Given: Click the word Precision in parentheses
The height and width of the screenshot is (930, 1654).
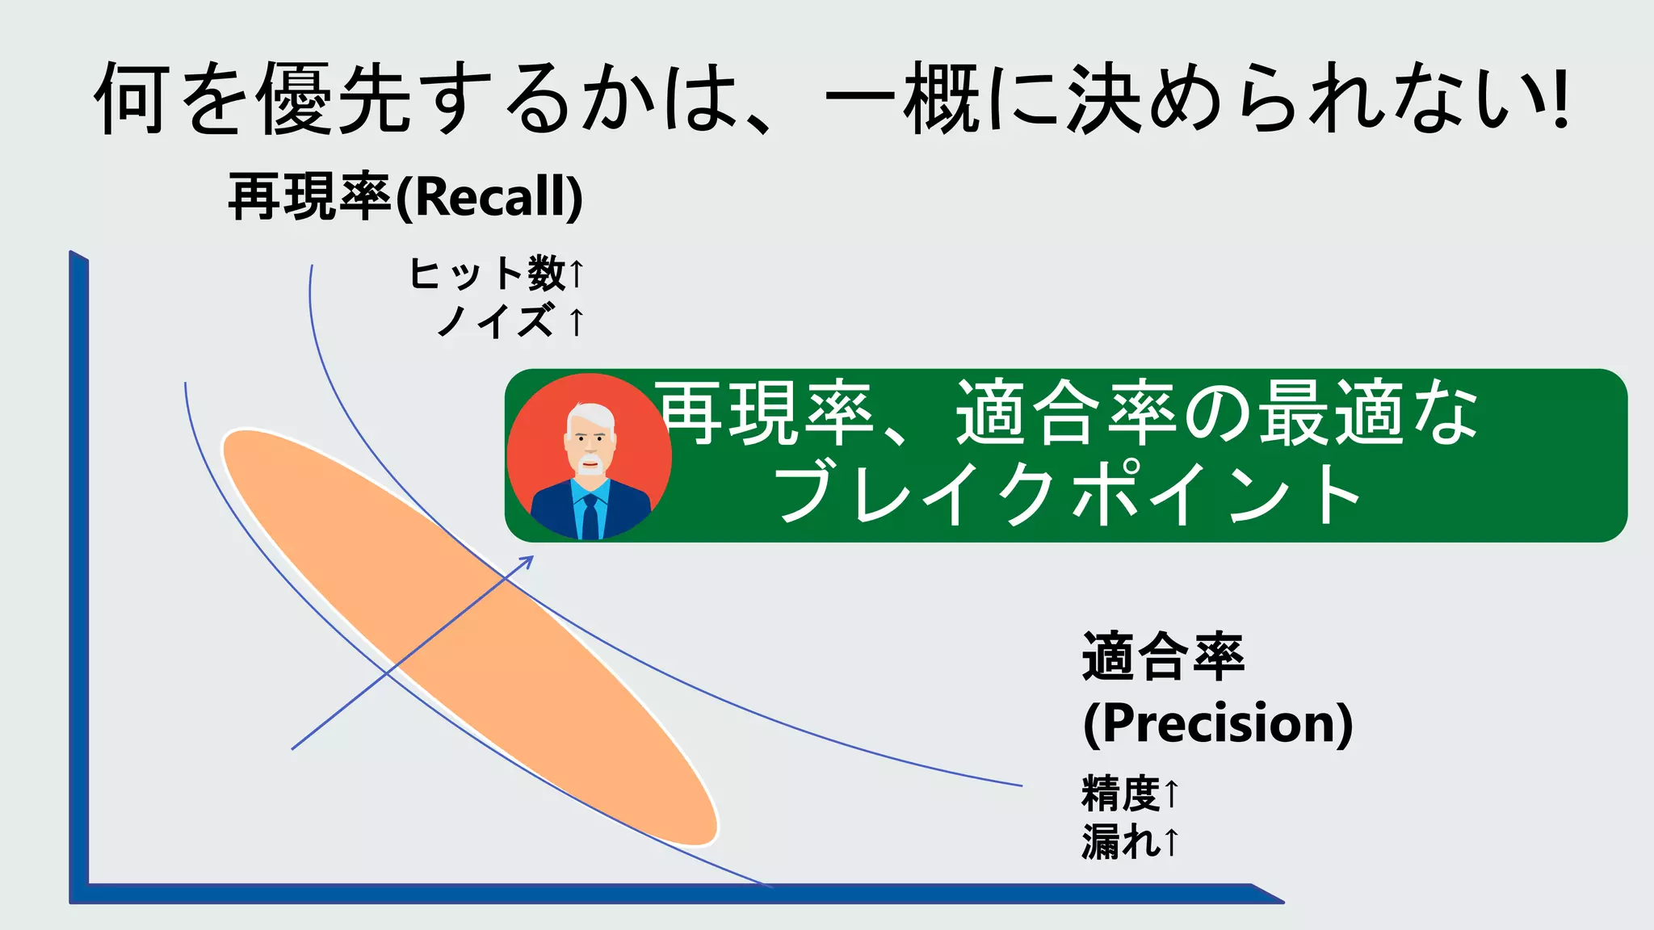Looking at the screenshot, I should [x=1218, y=723].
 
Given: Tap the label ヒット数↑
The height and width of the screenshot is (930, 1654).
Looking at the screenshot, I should [x=494, y=273].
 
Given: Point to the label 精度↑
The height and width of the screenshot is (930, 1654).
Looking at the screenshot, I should [x=1130, y=793].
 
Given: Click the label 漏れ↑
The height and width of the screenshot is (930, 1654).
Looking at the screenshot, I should [x=1130, y=841].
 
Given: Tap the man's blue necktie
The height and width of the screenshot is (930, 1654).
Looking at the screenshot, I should [x=590, y=517].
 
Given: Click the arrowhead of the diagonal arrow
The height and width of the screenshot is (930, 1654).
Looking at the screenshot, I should [x=527, y=561].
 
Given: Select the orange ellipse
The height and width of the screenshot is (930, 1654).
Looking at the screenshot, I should [x=468, y=638].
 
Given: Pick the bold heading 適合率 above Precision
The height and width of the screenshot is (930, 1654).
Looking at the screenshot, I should [x=1163, y=656].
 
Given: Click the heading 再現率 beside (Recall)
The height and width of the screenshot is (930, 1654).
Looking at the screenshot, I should [x=311, y=197].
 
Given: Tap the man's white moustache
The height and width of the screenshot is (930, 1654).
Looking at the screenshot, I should [x=590, y=463].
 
